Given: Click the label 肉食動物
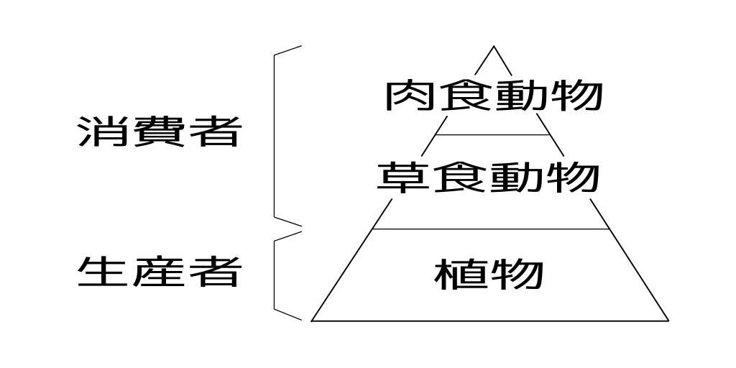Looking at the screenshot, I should tap(493, 96).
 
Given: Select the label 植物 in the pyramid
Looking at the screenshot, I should tap(489, 274).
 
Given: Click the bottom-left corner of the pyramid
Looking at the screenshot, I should tap(312, 320).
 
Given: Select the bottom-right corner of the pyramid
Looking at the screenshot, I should tap(668, 320).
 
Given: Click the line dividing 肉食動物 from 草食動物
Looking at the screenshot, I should tap(493, 134).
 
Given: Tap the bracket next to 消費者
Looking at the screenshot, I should tap(275, 133).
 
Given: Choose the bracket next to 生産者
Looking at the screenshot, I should tap(275, 273).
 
